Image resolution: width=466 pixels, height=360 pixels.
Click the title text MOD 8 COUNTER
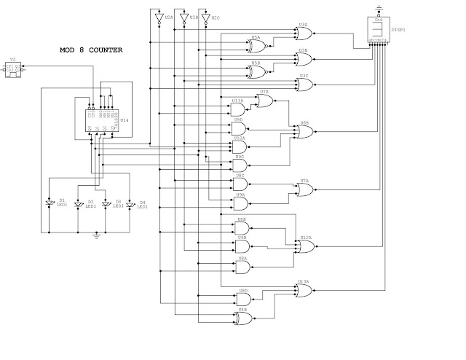pyautogui.click(x=91, y=50)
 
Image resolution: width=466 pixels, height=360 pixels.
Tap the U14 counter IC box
pyautogui.click(x=103, y=120)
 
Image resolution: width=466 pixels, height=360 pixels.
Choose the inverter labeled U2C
pyautogui.click(x=206, y=18)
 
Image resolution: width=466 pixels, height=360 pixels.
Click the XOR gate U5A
pyautogui.click(x=256, y=47)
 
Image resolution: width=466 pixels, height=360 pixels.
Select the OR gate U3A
pyautogui.click(x=303, y=33)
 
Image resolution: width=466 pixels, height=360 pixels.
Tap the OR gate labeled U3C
pyautogui.click(x=303, y=85)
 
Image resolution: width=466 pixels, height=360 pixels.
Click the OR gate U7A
pyautogui.click(x=304, y=189)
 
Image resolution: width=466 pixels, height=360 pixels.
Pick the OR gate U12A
pyautogui.click(x=305, y=246)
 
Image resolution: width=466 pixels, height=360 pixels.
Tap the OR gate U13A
pyautogui.click(x=303, y=290)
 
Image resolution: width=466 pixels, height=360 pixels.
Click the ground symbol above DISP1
pyautogui.click(x=378, y=7)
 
